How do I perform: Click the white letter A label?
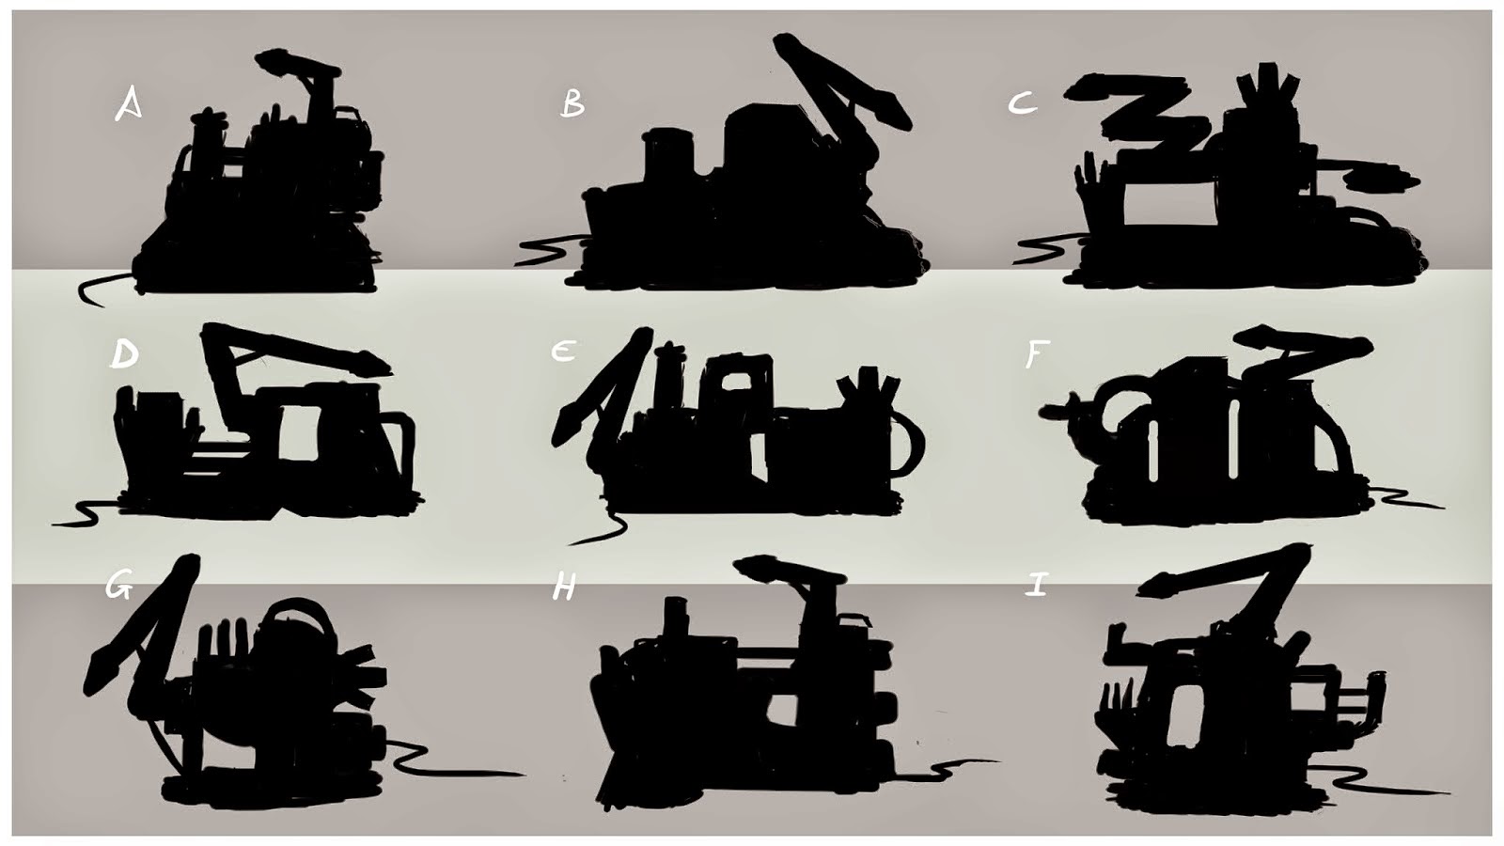coord(128,105)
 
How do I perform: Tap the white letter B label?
coord(572,103)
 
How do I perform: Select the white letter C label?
coord(1024,102)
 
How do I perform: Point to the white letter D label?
coord(123,353)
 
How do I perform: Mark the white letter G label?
coord(118,587)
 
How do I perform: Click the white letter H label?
coord(563,587)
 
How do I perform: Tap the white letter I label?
coord(1036,585)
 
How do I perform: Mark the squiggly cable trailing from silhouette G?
coord(450,762)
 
